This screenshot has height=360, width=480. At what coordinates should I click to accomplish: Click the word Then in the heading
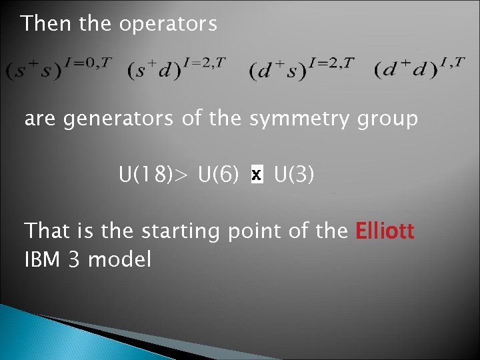[47, 24]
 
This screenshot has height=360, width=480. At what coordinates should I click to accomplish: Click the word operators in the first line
[168, 25]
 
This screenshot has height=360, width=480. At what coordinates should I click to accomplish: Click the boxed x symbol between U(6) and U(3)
[257, 176]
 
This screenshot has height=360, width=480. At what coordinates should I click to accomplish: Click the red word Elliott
[385, 231]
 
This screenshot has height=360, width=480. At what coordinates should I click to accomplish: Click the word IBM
[41, 259]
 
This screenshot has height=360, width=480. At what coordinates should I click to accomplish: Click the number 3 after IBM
[75, 259]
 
